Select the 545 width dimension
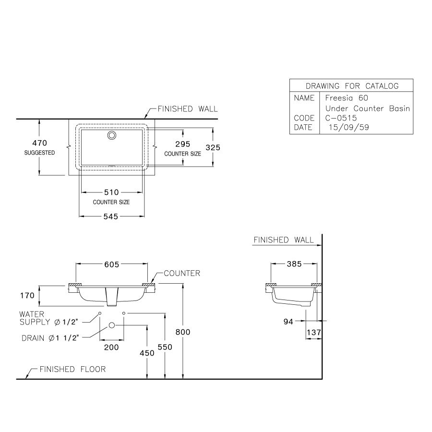(x=111, y=216)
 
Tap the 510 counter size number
(x=111, y=192)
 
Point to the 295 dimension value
(x=183, y=144)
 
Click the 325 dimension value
(x=213, y=148)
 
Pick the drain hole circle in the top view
(x=112, y=135)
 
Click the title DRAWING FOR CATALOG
(x=352, y=86)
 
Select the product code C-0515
(x=340, y=118)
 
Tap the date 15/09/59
(x=346, y=128)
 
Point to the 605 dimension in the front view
(x=111, y=264)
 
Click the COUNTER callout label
(x=181, y=274)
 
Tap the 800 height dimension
(x=183, y=332)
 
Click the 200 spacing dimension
(x=111, y=347)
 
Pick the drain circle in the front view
(x=112, y=325)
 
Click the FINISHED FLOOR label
(x=72, y=369)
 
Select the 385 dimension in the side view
(x=293, y=264)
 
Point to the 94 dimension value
(x=288, y=322)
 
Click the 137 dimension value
(x=314, y=332)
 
